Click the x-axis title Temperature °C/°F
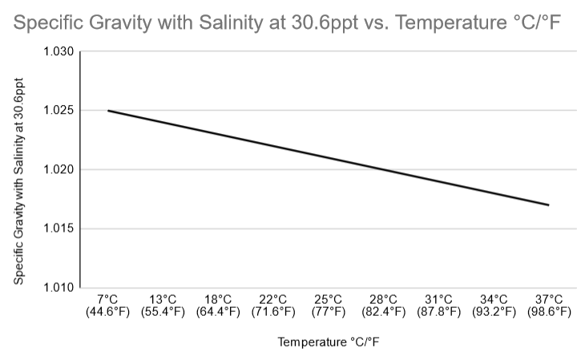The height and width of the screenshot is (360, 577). (x=329, y=342)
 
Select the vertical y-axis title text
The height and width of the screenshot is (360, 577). (x=19, y=182)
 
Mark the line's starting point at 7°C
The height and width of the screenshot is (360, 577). (x=107, y=111)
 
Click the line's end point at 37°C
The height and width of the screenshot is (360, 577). (x=549, y=205)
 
